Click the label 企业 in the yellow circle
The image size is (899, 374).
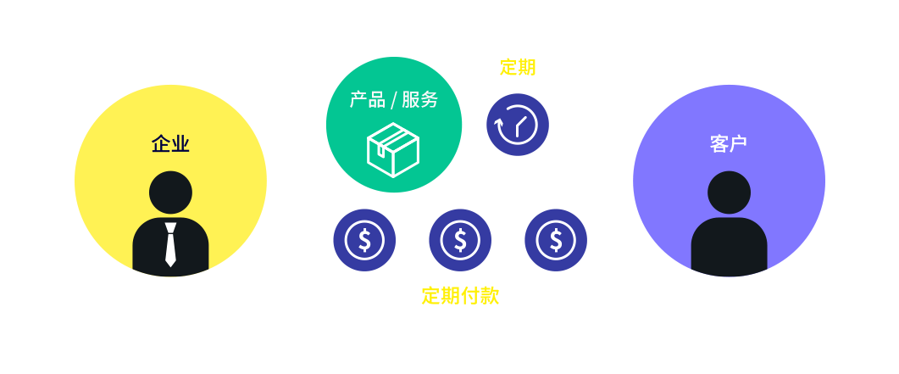coord(170,144)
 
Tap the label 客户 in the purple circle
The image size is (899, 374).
coord(729,144)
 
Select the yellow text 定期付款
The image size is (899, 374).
coord(460,296)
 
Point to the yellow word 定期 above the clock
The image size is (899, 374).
coord(518,68)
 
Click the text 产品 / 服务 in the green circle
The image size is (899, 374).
coord(394,100)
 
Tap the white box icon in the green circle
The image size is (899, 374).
coord(393,149)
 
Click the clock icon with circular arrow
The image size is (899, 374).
coord(518,125)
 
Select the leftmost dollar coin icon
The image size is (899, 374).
coord(364,240)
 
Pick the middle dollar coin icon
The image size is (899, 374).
coord(460,240)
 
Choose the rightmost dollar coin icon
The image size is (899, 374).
coord(556,240)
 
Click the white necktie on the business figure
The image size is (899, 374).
coord(170,244)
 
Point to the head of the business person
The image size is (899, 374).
coord(170,193)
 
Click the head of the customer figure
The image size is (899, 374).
coord(729,193)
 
